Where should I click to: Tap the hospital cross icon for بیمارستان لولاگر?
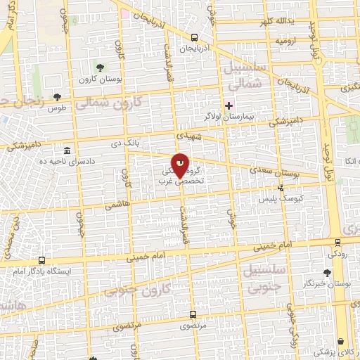pyautogui.click(x=229, y=104)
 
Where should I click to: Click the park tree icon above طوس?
pyautogui.click(x=57, y=98)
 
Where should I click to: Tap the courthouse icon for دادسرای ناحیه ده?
pyautogui.click(x=67, y=150)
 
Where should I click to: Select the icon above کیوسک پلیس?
pyautogui.click(x=281, y=188)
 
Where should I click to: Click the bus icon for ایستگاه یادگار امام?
pyautogui.click(x=41, y=260)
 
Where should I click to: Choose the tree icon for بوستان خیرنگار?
pyautogui.click(x=327, y=273)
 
